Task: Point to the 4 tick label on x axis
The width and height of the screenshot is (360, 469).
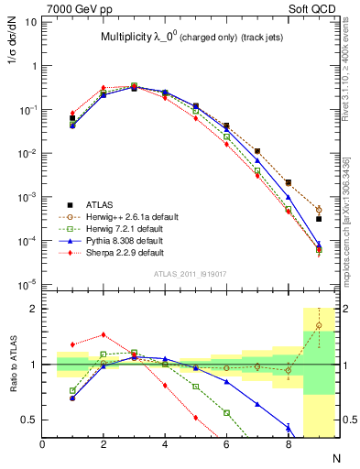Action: tap(166, 444)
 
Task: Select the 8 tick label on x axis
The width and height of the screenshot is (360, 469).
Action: tap(289, 444)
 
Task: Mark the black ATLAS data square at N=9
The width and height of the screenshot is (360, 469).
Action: tap(319, 219)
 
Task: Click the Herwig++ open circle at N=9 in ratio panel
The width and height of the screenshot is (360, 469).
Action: tap(319, 325)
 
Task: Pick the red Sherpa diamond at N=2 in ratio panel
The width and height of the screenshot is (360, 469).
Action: tap(104, 334)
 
